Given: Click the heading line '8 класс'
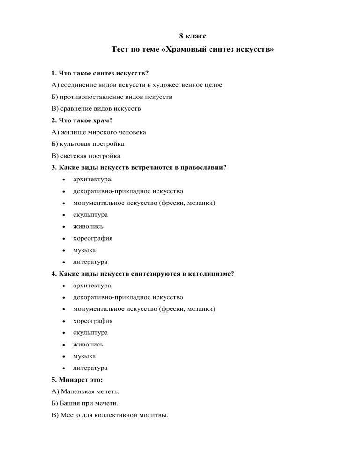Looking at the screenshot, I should pyautogui.click(x=193, y=36).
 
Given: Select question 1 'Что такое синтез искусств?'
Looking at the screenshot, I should pyautogui.click(x=100, y=74).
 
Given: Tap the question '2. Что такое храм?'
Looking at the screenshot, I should pyautogui.click(x=82, y=120).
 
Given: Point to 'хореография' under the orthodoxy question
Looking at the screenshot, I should pyautogui.click(x=92, y=238).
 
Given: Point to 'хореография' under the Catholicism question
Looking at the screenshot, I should pyautogui.click(x=92, y=321).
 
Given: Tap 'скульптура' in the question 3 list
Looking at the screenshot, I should pyautogui.click(x=90, y=215).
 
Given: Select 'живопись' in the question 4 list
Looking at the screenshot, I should pyautogui.click(x=87, y=344).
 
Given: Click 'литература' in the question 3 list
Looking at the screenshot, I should pyautogui.click(x=90, y=262).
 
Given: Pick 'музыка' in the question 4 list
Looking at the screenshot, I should pyautogui.click(x=84, y=356).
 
